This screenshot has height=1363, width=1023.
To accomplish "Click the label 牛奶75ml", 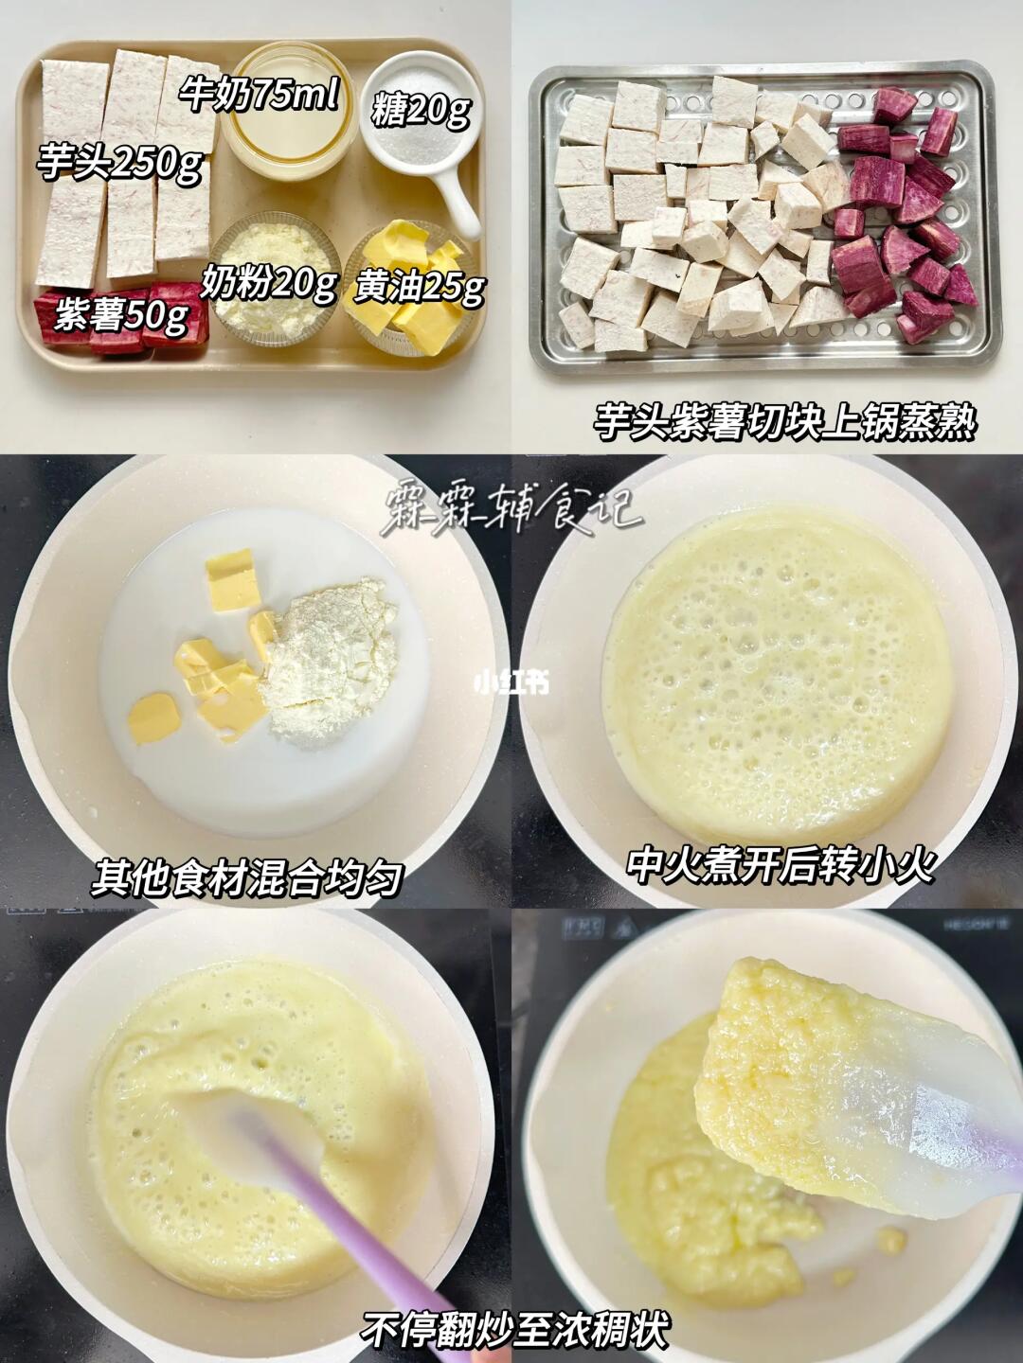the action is click(x=260, y=97).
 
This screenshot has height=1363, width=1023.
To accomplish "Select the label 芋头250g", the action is click(x=120, y=163).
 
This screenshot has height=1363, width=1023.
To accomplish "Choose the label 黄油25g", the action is click(x=420, y=288).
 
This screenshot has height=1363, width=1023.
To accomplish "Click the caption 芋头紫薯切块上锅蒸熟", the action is click(x=784, y=424).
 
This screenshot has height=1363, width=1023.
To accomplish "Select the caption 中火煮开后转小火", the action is click(x=781, y=864).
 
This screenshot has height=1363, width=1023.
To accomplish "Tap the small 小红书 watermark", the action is click(x=511, y=683).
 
